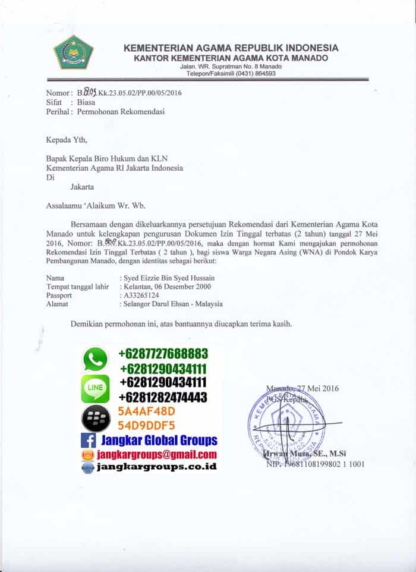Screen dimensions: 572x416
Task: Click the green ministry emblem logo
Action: click(74, 52)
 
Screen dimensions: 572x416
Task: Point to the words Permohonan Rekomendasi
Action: click(121, 111)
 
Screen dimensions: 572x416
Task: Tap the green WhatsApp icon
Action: click(94, 360)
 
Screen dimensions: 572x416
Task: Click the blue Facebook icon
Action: click(89, 441)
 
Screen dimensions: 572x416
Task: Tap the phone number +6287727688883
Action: click(163, 353)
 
